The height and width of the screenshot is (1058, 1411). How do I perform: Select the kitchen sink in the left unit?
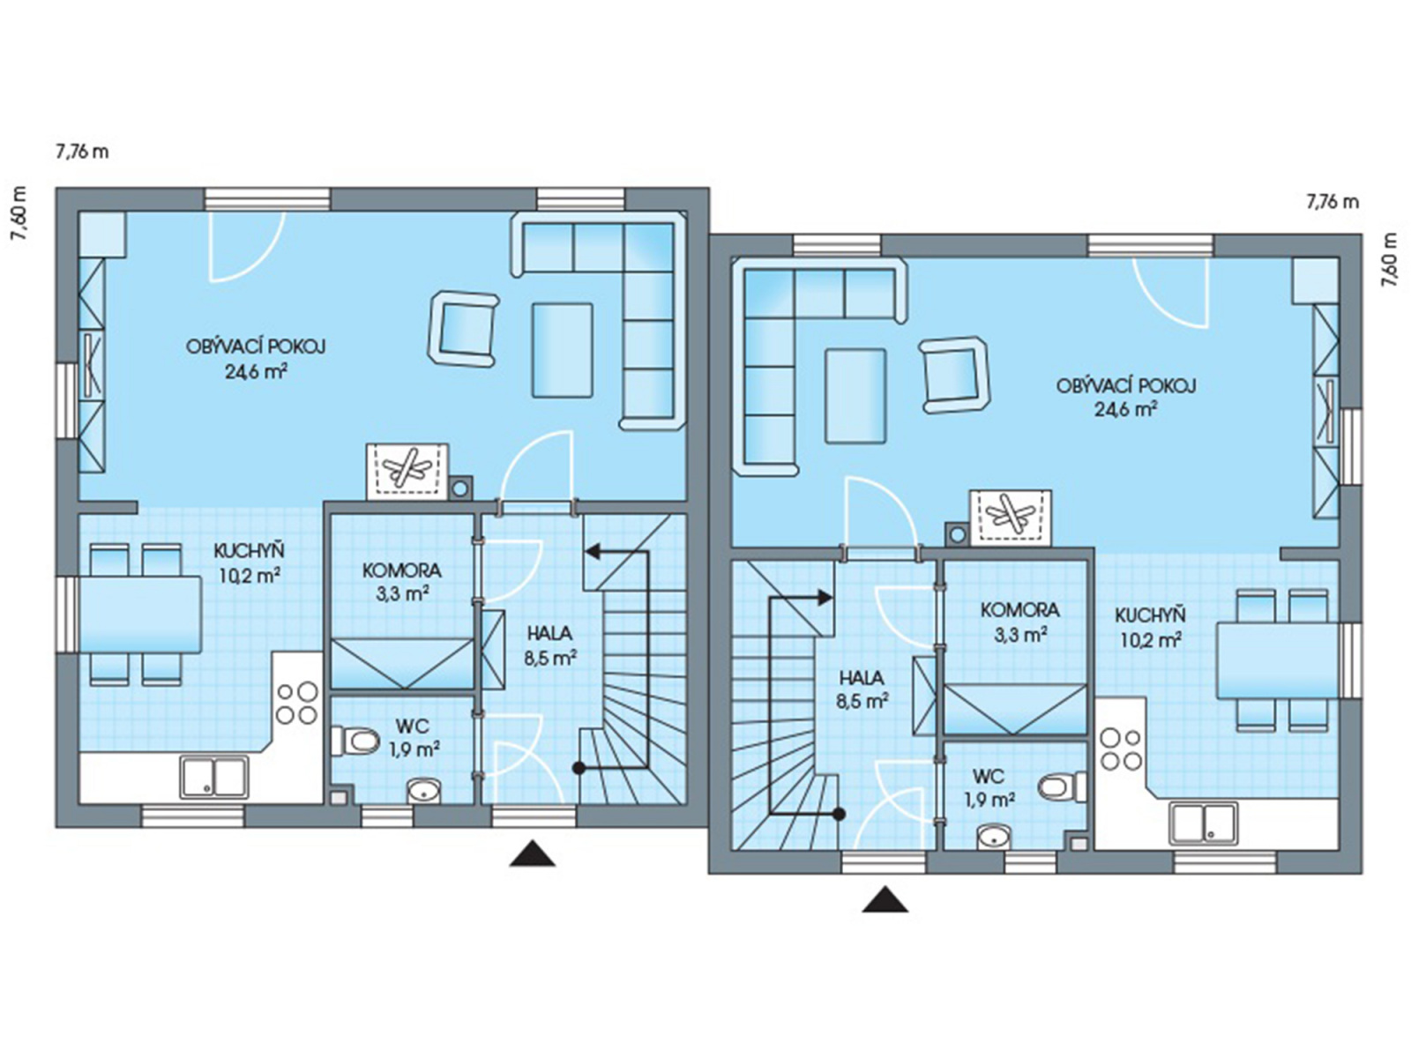point(214,778)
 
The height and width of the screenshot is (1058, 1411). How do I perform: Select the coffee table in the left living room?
point(563,350)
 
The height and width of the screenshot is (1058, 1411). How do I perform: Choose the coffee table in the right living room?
point(855,395)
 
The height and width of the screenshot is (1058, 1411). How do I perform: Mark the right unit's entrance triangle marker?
point(885,899)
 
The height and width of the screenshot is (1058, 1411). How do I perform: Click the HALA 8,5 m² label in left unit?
point(551,645)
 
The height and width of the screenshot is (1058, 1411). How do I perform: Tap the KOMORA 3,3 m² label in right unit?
point(1019,622)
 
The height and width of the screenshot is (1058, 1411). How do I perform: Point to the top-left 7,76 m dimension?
point(82,152)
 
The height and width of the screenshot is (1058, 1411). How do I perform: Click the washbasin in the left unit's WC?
point(424,791)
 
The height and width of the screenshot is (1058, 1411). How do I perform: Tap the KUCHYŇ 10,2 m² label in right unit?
point(1150,626)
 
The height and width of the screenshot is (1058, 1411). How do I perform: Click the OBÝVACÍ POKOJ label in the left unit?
point(256,346)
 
